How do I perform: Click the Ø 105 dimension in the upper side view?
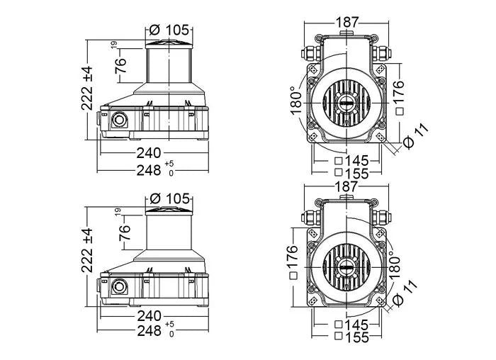(x=169, y=29)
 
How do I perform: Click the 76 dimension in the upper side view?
(x=121, y=65)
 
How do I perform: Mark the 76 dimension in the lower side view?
(x=125, y=232)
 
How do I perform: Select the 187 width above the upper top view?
(x=346, y=22)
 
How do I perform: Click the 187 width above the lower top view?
(x=346, y=186)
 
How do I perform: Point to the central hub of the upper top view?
(x=346, y=103)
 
